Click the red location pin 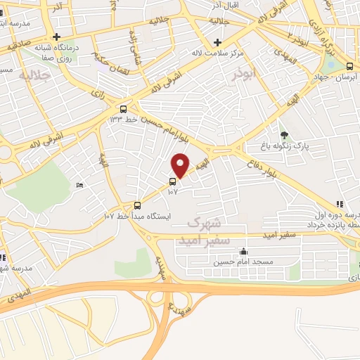point(181,165)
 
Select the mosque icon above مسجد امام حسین point(243,251)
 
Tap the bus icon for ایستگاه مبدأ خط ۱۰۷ point(138,206)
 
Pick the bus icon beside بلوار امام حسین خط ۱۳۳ point(124,109)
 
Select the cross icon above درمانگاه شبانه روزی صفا point(57,37)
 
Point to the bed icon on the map point(79,185)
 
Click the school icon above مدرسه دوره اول point(340,203)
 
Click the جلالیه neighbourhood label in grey point(34,75)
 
